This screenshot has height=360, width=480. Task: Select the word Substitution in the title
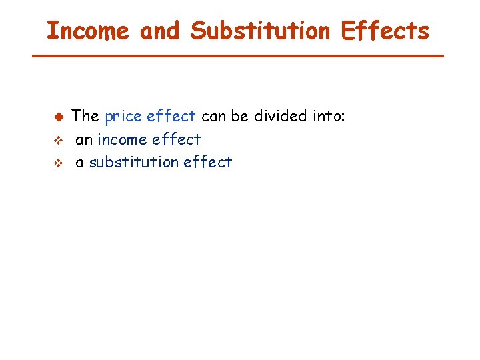coord(260,31)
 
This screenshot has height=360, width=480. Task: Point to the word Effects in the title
coord(385,31)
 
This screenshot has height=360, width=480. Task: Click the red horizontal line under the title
coord(238,55)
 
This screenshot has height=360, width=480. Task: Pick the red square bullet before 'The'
coord(58,117)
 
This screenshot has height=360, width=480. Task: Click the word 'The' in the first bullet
coord(85,117)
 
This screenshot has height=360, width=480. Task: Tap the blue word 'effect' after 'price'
coord(171,117)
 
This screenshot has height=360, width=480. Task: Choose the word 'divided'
coord(281,117)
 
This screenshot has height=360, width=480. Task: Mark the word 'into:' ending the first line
coord(329,117)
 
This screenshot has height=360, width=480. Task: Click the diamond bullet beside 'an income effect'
coord(58,140)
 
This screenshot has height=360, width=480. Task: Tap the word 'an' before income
coord(84,140)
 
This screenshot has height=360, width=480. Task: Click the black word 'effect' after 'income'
coord(176,139)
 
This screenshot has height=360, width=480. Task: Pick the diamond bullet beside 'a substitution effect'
coord(58,163)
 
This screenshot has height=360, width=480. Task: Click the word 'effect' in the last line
coord(208,162)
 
